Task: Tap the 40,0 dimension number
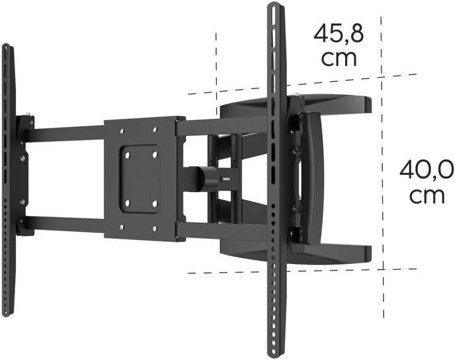tap(427, 170)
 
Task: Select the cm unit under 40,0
tap(427, 195)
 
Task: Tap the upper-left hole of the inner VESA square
tap(126, 152)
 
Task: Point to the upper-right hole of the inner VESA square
tap(155, 152)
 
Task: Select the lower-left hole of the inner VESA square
tap(126, 203)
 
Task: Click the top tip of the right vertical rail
tap(274, 6)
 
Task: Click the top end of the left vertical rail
tap(6, 47)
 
